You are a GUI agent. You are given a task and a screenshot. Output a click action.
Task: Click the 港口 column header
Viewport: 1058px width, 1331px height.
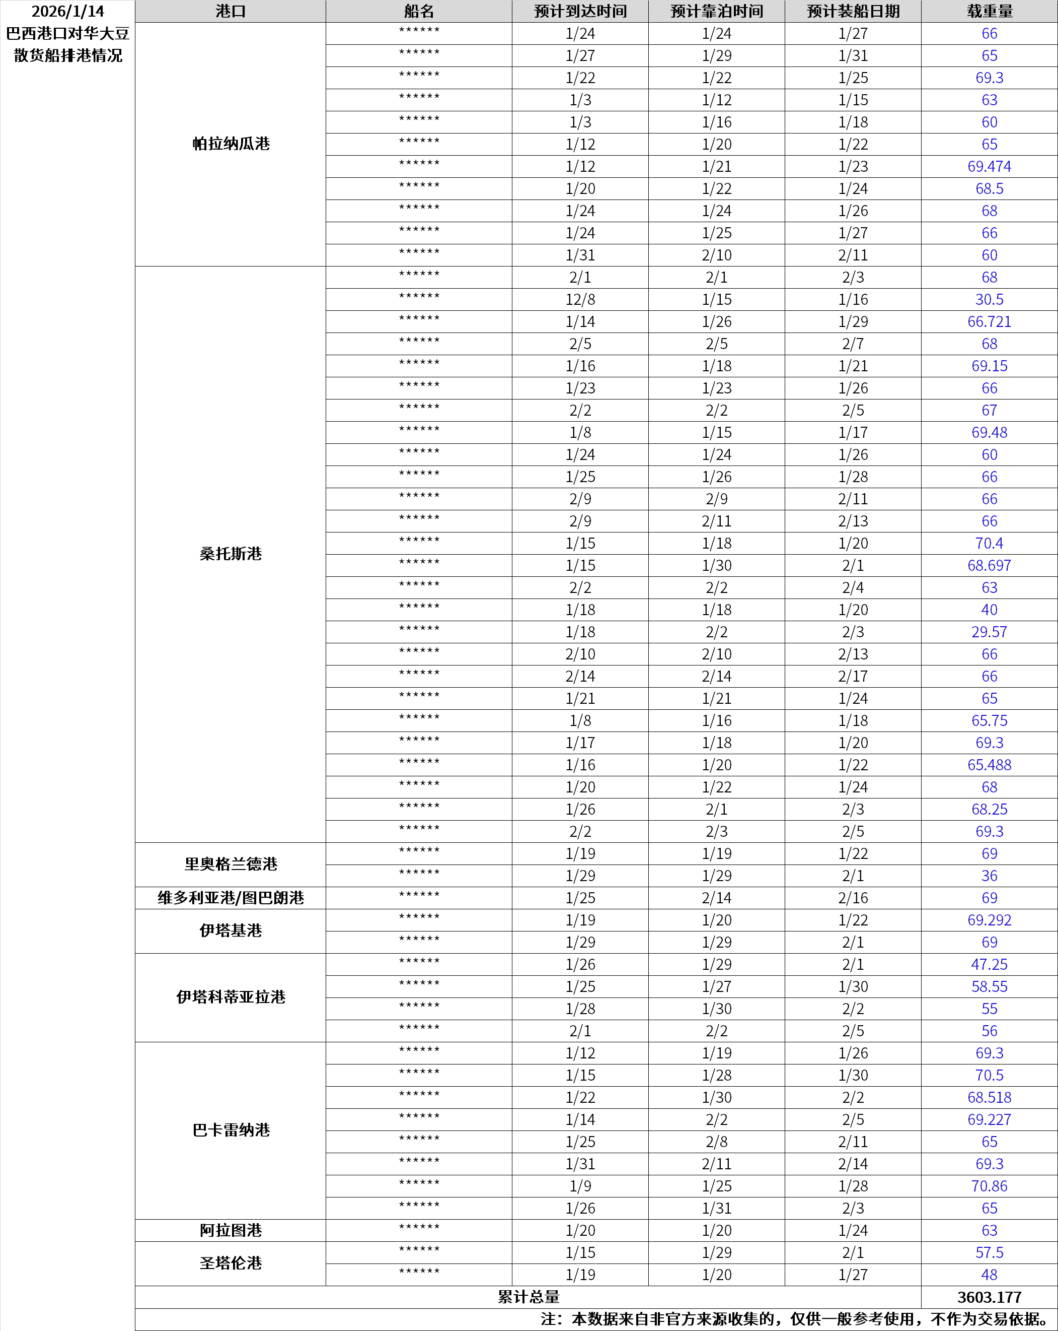point(230,11)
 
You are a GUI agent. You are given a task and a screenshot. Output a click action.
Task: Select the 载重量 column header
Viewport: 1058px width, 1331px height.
point(989,11)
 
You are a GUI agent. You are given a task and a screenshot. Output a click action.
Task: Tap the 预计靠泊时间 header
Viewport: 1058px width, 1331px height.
point(716,11)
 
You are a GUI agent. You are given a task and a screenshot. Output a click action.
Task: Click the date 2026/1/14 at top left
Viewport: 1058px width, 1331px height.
point(68,11)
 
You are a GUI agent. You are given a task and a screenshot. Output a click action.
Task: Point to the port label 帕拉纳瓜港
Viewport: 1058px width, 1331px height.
point(230,144)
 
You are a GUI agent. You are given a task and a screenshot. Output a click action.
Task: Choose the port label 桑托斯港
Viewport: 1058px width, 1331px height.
point(230,554)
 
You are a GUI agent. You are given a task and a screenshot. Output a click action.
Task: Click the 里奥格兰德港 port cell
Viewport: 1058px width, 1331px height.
point(230,864)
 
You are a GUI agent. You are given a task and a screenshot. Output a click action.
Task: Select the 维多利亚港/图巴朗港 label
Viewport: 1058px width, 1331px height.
point(230,898)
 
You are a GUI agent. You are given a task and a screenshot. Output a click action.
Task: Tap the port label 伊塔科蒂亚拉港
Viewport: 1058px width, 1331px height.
point(230,997)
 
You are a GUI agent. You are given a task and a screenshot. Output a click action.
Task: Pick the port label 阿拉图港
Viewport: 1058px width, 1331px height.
point(230,1230)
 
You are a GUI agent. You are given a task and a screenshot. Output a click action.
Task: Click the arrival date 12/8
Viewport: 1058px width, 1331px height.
point(580,299)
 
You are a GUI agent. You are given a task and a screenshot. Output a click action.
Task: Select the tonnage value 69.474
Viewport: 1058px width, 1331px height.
point(989,167)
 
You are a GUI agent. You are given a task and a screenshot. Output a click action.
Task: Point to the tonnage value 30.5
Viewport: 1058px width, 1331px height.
point(989,299)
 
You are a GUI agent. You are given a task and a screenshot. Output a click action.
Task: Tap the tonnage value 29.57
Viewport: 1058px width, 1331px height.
point(989,632)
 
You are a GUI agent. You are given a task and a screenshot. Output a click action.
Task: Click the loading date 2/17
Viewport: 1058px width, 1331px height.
point(853,677)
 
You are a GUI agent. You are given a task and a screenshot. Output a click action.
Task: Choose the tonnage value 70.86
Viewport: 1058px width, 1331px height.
point(989,1186)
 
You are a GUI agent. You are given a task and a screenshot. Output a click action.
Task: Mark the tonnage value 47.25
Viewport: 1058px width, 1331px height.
point(989,964)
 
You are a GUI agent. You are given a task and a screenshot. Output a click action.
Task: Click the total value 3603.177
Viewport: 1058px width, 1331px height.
point(989,1297)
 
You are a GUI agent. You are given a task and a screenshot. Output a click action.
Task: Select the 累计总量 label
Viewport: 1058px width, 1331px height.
point(528,1297)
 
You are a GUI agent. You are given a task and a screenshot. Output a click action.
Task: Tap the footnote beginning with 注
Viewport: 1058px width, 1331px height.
point(796,1319)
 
